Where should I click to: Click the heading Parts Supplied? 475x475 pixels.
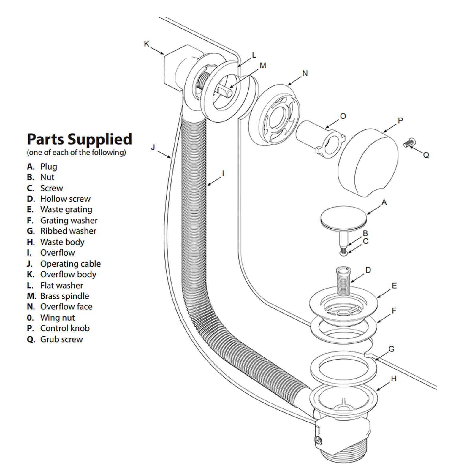coord(80,139)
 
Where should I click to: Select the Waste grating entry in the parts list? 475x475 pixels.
coord(60,210)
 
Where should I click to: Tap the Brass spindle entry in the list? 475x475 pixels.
coord(58,296)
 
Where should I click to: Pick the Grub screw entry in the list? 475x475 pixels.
coord(55,339)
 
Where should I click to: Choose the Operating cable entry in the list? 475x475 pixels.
coord(64,264)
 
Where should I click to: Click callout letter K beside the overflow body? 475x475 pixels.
coord(146,44)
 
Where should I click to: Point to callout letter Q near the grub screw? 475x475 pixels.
coord(426,155)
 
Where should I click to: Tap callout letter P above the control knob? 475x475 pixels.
coord(400,121)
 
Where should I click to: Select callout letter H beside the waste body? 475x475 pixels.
coord(394,379)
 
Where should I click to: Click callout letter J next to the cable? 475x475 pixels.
coord(153,147)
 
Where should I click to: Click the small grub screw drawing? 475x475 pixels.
coord(409,142)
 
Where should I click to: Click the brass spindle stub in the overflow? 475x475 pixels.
coord(224,91)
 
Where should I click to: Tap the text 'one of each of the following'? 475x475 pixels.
coord(77,153)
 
